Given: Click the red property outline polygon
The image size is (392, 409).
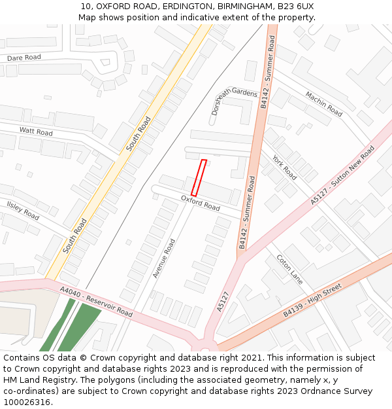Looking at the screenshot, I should (199, 177).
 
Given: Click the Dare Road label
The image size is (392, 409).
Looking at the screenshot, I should (24, 58).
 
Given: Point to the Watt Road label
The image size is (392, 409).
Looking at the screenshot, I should (36, 132).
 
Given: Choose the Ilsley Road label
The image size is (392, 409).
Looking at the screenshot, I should (24, 209).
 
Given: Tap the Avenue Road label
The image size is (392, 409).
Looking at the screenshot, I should (164, 258).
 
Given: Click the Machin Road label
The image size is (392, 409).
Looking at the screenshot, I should (323, 104).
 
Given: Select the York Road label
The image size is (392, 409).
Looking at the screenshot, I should (284, 168).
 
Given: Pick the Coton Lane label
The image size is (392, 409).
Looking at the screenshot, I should (289, 269).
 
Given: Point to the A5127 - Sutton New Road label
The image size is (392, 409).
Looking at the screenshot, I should (342, 175).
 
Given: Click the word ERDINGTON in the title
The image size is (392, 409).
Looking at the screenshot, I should (185, 7).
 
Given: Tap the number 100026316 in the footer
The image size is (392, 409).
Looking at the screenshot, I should (27, 402).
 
